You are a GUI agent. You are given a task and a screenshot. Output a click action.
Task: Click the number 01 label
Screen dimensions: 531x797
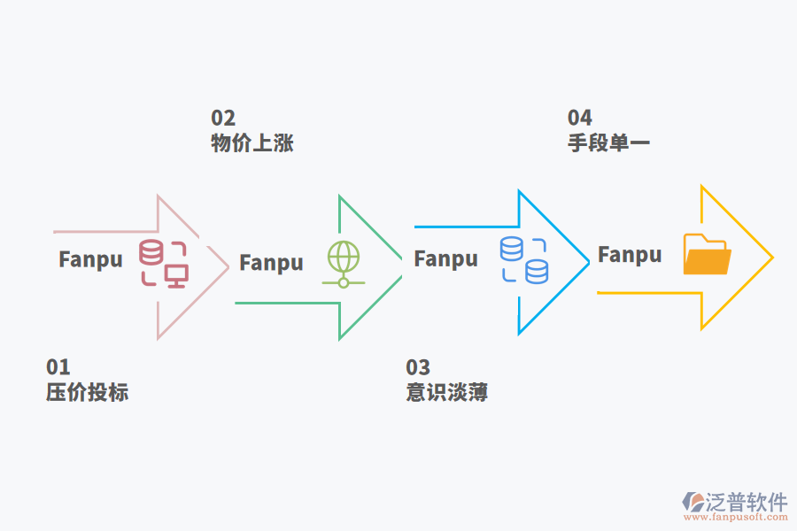pyautogui.click(x=58, y=366)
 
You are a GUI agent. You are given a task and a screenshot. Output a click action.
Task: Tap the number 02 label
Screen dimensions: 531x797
pyautogui.click(x=223, y=118)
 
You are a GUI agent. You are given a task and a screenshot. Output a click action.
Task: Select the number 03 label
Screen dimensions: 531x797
pyautogui.click(x=418, y=366)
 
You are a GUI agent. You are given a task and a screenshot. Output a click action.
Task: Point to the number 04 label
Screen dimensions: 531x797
pyautogui.click(x=580, y=118)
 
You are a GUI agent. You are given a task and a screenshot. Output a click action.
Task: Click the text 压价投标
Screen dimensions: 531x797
pyautogui.click(x=88, y=392)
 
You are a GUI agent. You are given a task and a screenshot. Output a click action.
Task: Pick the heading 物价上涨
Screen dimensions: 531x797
pyautogui.click(x=252, y=143)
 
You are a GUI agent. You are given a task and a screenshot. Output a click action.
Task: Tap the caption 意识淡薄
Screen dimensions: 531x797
pyautogui.click(x=447, y=392)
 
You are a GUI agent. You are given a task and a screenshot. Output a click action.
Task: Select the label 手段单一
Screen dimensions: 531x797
pyautogui.click(x=609, y=143)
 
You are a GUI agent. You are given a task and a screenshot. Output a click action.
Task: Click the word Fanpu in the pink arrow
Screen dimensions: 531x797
pyautogui.click(x=90, y=260)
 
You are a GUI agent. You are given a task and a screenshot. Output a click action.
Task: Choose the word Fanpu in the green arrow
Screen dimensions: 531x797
pyautogui.click(x=271, y=263)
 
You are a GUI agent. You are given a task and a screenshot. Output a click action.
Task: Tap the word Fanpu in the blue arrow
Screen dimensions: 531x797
pyautogui.click(x=445, y=259)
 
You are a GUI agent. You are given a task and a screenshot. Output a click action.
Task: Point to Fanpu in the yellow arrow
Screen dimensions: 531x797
pyautogui.click(x=630, y=256)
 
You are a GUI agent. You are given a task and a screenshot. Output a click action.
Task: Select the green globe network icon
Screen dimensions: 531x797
pyautogui.click(x=344, y=264)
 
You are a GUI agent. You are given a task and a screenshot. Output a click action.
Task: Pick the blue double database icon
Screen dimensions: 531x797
pyautogui.click(x=524, y=260)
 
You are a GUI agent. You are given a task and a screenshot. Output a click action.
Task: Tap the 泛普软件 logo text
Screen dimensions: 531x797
pyautogui.click(x=747, y=503)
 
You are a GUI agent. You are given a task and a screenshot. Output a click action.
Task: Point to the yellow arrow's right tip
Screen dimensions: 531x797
pyautogui.click(x=772, y=258)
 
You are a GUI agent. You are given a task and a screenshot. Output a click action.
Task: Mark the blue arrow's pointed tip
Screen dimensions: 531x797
pyautogui.click(x=588, y=261)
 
